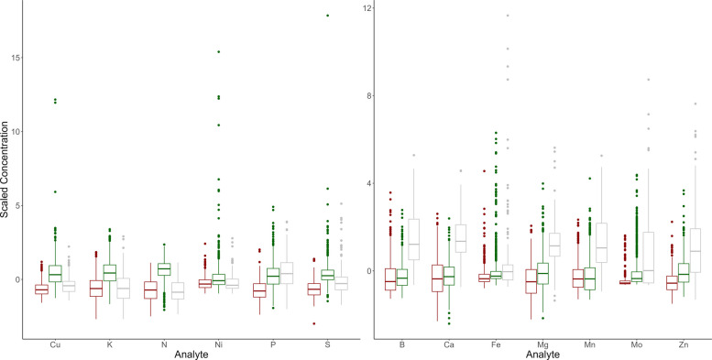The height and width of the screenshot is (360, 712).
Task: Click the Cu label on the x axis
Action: tap(55, 346)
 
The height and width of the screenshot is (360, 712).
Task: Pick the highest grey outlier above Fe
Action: tap(508, 16)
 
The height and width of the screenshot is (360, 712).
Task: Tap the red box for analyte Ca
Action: tap(437, 278)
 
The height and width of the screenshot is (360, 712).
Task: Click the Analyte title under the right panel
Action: tap(543, 355)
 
